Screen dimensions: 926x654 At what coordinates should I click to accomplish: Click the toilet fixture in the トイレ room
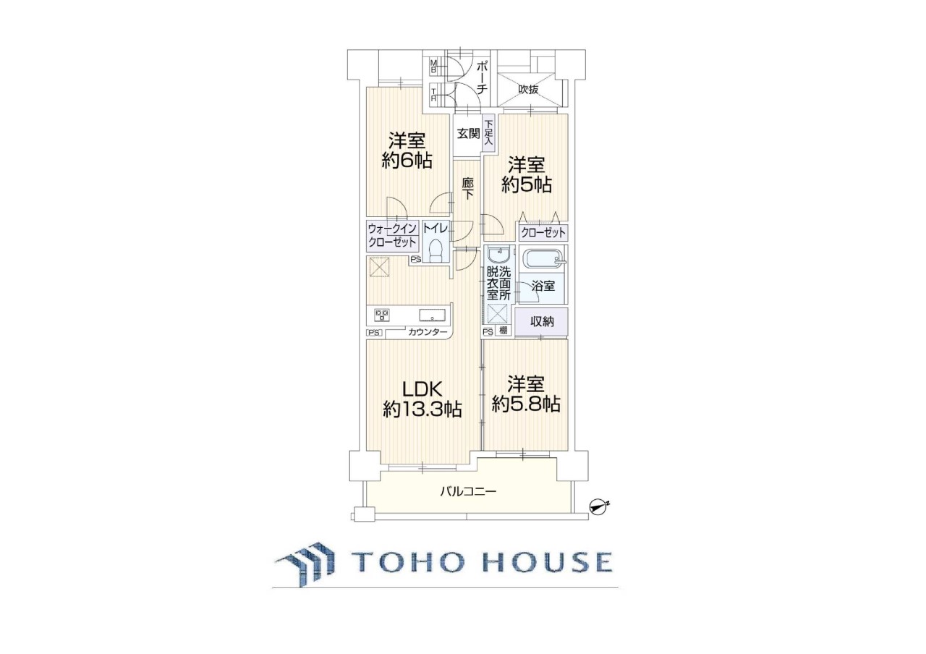coord(435,251)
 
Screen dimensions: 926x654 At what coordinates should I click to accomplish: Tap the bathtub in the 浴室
coord(543,260)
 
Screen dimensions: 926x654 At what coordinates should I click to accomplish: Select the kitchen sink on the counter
coord(432,315)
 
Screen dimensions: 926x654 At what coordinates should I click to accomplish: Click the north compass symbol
coord(598,507)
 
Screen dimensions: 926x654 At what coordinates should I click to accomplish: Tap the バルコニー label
coord(467,491)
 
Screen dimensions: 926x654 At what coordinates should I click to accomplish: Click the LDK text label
coord(422,390)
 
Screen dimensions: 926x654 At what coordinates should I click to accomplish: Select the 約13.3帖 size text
coord(422,410)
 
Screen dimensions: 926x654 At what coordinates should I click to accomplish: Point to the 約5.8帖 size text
coord(526,404)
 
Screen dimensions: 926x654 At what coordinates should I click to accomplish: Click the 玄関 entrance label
coord(468,134)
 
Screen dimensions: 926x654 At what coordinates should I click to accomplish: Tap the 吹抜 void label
coord(528,89)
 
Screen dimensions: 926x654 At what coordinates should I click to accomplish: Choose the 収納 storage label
coord(542,321)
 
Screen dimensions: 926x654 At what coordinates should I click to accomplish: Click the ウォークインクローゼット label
coord(392,235)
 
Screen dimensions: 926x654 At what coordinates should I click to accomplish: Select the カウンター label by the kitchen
coord(428,332)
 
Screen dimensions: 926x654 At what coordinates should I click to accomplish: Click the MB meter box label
coord(433,67)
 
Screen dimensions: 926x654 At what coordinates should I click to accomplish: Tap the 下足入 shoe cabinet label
coord(489,132)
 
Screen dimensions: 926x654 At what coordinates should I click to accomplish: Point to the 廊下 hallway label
coord(468,189)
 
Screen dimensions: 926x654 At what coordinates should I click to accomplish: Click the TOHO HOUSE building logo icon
coord(305,564)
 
